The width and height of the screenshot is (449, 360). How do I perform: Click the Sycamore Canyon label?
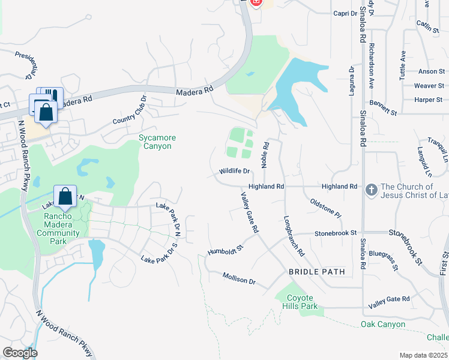(x=158, y=142)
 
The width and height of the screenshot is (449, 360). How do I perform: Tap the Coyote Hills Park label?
(x=300, y=302)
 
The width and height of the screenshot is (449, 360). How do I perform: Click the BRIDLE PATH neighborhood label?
(x=317, y=272)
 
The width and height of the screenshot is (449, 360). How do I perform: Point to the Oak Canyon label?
(x=383, y=325)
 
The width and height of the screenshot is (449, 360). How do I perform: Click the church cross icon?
(x=372, y=190)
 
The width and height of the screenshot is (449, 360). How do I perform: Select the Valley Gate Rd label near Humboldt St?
(x=249, y=212)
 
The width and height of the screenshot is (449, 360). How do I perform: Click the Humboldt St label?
(x=225, y=248)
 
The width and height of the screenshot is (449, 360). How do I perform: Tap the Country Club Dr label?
(x=130, y=110)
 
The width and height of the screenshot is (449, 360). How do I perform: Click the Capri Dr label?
(x=345, y=13)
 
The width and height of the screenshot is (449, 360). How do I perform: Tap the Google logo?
(x=20, y=353)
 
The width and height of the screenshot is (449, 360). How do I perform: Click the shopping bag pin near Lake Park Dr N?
(x=65, y=196)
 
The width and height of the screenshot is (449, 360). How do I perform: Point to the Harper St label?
(x=429, y=100)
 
